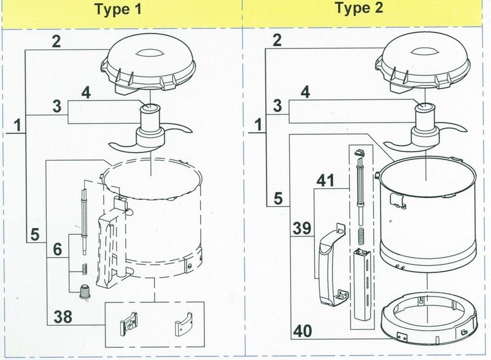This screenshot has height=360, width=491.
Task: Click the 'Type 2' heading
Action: click(x=365, y=10)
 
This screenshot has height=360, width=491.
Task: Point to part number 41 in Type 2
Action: click(x=325, y=182)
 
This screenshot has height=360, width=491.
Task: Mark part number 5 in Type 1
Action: click(x=34, y=234)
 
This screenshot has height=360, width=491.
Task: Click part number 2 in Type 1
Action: click(x=56, y=42)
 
